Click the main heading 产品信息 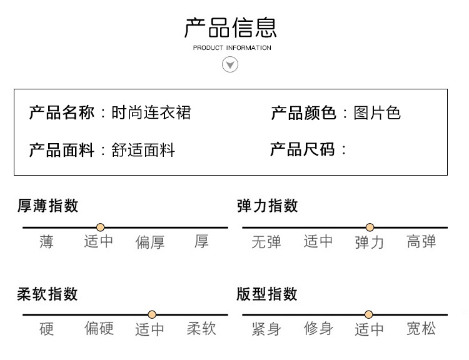[231, 27]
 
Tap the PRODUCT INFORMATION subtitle [232, 48]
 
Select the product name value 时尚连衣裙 [151, 112]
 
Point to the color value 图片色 [376, 112]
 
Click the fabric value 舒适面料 [143, 150]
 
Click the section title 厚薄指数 [48, 206]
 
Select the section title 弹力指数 [268, 206]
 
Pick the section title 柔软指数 [48, 294]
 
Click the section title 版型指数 [268, 294]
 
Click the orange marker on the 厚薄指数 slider [100, 227]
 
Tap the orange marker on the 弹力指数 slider [370, 227]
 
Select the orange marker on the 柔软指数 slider [152, 314]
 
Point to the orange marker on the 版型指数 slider [369, 314]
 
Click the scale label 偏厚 [150, 242]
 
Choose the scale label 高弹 [421, 242]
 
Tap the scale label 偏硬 [99, 329]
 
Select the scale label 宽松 [421, 329]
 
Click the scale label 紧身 [266, 329]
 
